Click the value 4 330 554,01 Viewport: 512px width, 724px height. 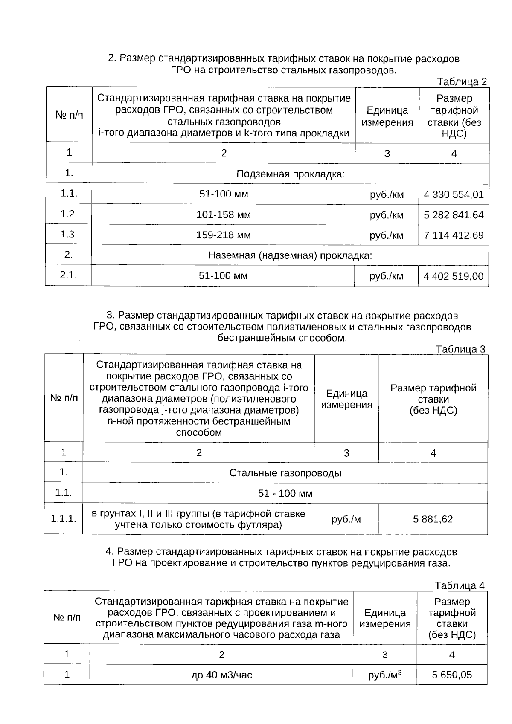(454, 195)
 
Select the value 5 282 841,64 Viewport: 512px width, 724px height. (454, 215)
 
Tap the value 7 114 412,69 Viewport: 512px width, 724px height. (454, 235)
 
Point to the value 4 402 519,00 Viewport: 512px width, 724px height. (453, 276)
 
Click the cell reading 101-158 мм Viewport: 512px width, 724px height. (224, 215)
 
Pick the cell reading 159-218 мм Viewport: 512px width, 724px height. (224, 235)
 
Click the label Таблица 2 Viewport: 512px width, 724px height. (462, 82)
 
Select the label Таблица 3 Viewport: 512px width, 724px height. (460, 349)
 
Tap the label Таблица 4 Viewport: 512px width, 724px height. (460, 585)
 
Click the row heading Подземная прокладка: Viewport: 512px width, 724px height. (290, 174)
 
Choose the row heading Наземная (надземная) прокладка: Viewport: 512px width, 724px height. (290, 256)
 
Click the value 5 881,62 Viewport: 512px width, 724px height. (433, 519)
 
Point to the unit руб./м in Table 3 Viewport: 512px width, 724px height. (346, 519)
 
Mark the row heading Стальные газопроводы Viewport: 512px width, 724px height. (285, 473)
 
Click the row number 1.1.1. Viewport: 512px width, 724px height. (64, 519)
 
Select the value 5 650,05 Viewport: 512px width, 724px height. (452, 675)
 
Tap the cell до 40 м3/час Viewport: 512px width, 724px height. (221, 675)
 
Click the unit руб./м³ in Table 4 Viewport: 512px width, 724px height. (385, 675)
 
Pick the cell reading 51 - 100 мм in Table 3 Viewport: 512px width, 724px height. (285, 494)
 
